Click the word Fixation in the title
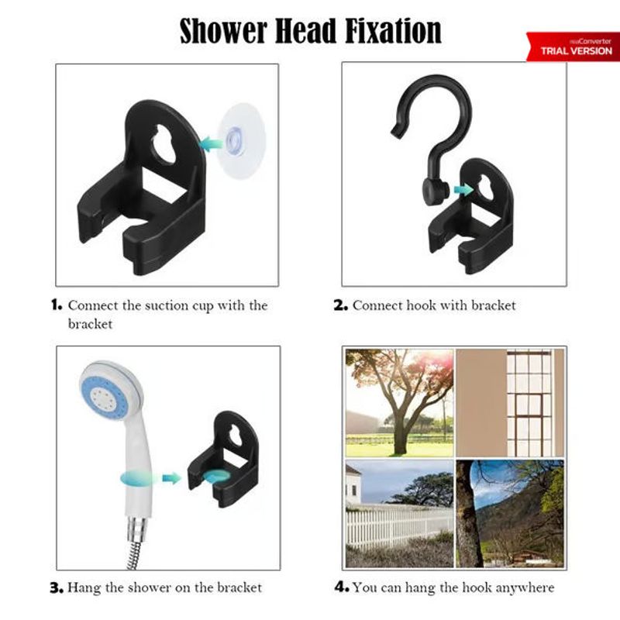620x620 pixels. pos(393,31)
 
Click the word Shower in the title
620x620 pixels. pos(223,31)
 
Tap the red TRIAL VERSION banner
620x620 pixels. pos(573,46)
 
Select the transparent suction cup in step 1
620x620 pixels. pos(241,140)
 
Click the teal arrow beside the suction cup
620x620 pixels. pos(211,144)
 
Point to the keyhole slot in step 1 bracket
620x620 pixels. pos(165,144)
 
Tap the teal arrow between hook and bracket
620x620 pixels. pos(463,190)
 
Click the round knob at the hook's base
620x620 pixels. pos(434,191)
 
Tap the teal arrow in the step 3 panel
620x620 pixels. pos(171,478)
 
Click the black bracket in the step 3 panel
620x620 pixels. pos(223,459)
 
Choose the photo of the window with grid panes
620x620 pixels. pos(510,402)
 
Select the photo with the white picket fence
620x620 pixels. pos(399,513)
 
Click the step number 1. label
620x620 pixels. pos(57,305)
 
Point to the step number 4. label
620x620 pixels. pos(342,587)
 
